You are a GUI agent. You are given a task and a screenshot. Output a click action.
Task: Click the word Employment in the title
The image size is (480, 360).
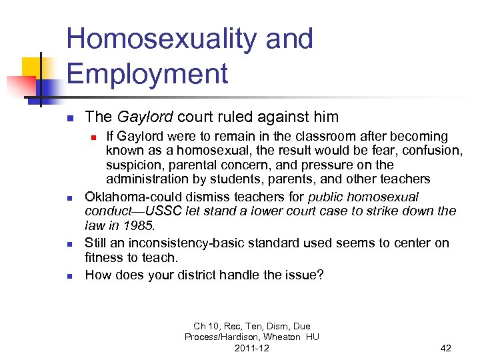click(x=147, y=73)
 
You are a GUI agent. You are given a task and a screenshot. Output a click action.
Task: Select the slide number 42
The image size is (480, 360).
click(x=446, y=348)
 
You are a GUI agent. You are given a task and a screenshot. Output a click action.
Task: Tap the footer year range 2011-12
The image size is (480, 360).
click(x=251, y=348)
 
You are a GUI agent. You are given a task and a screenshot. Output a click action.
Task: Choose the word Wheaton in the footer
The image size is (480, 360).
click(x=283, y=337)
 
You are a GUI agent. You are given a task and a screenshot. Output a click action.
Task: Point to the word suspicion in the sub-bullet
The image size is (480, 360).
click(x=131, y=165)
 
